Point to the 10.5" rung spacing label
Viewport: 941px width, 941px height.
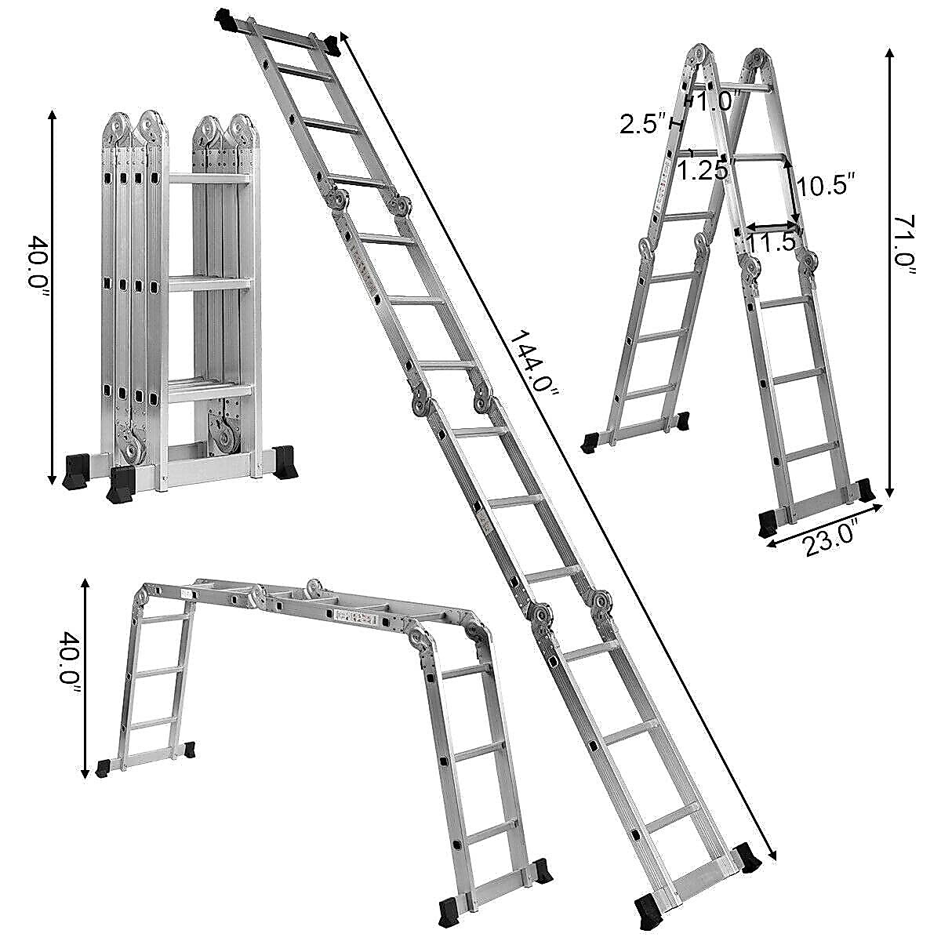click(x=823, y=186)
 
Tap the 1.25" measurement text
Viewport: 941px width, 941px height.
click(x=703, y=171)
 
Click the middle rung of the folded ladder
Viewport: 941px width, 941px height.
click(x=209, y=282)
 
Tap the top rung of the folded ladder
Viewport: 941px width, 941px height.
click(x=209, y=180)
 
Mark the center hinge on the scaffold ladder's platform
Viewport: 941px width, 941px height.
click(x=316, y=590)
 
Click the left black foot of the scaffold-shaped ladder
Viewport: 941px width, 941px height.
click(x=103, y=768)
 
